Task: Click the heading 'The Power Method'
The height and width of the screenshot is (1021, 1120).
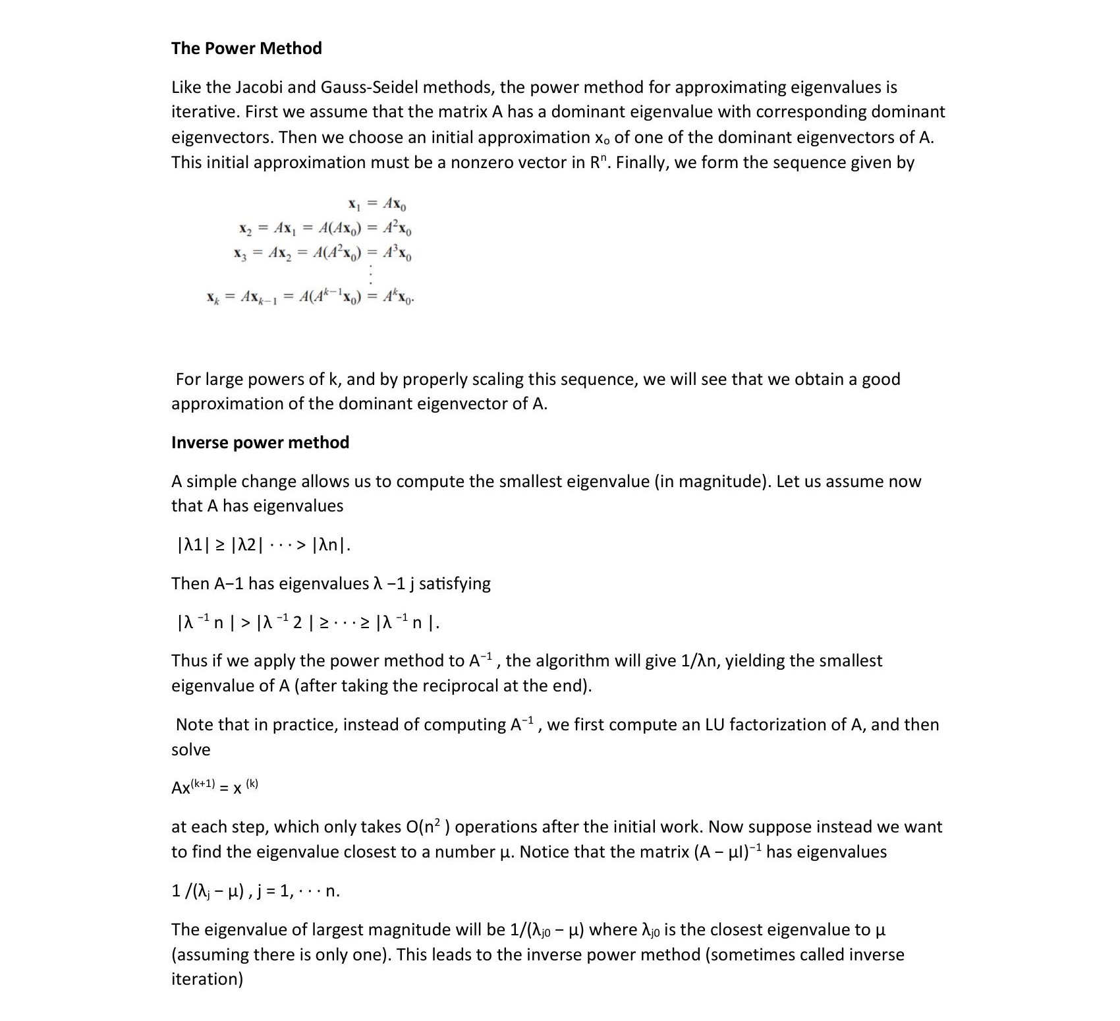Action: tap(246, 48)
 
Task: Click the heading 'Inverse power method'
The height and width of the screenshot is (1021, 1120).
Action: tap(260, 442)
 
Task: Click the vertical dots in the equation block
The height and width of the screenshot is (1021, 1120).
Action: tap(372, 273)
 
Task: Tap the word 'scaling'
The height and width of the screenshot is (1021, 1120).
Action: tap(478, 379)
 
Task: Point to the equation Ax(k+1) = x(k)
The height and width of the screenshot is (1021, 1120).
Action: tap(215, 787)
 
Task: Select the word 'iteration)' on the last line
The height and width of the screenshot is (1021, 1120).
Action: tap(207, 979)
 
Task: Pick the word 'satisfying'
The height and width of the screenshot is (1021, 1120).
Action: tap(455, 583)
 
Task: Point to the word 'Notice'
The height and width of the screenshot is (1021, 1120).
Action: tap(544, 852)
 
